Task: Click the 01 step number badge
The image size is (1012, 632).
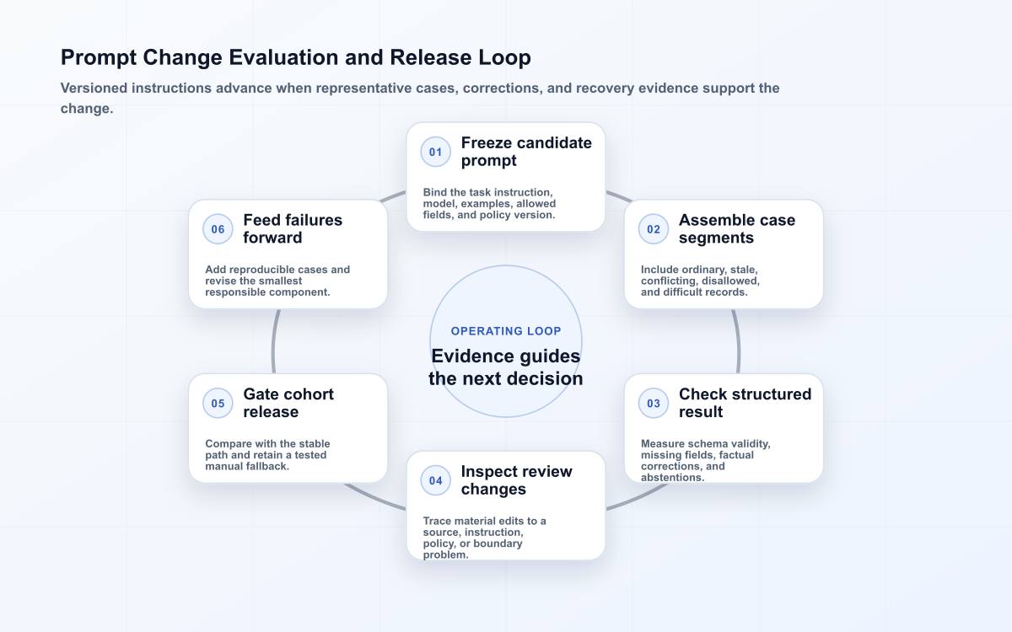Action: tap(435, 153)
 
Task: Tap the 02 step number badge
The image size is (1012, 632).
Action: tap(654, 229)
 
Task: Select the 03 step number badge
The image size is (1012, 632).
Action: tap(654, 403)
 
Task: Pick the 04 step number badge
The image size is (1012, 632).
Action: tap(435, 481)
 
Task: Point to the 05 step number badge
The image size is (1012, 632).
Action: tap(218, 403)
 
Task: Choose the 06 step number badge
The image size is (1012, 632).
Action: tap(218, 229)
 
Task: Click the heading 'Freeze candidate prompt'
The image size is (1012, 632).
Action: tap(526, 152)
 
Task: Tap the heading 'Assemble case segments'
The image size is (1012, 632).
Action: tap(737, 229)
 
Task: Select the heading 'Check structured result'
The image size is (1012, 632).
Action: tap(745, 403)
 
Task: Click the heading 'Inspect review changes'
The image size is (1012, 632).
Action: tap(516, 480)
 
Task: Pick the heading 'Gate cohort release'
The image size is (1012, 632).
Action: tap(288, 403)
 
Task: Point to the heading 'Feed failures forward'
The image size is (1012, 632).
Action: tap(293, 229)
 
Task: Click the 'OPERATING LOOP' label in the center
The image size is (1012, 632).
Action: tap(506, 331)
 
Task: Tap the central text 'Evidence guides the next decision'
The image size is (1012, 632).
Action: tap(506, 367)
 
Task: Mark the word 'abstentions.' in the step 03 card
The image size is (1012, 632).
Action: tap(673, 478)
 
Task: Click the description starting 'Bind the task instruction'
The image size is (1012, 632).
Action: tap(489, 204)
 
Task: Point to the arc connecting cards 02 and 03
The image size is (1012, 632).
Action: tap(738, 341)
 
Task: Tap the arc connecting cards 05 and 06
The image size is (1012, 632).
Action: tap(274, 341)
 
